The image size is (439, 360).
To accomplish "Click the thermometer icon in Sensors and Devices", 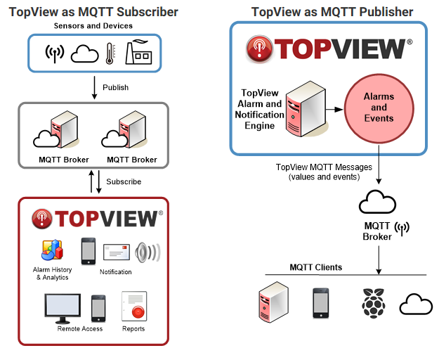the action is click(110, 53).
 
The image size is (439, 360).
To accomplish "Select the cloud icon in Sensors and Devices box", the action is click(84, 53).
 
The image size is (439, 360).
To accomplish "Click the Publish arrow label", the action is click(115, 87).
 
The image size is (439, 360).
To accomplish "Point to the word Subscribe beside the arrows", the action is click(124, 181).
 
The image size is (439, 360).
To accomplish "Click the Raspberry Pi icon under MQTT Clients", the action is click(374, 303).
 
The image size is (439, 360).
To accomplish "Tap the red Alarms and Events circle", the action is click(379, 108).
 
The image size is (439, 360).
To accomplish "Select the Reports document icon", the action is click(134, 306).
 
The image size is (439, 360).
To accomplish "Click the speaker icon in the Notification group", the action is click(148, 252).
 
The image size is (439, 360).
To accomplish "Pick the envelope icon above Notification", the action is click(117, 252).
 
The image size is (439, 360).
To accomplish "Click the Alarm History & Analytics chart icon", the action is click(53, 250).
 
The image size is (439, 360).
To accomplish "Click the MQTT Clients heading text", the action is click(316, 267).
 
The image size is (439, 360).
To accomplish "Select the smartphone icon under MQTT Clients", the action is click(320, 303).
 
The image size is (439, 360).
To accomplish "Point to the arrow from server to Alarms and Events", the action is click(335, 109).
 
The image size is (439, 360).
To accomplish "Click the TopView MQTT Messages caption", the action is click(324, 172).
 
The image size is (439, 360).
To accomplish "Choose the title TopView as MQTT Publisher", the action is click(332, 12).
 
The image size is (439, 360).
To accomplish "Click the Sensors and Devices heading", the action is click(93, 26).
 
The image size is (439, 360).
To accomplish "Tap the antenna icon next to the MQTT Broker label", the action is click(402, 229).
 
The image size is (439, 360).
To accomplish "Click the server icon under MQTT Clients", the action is click(273, 302).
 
